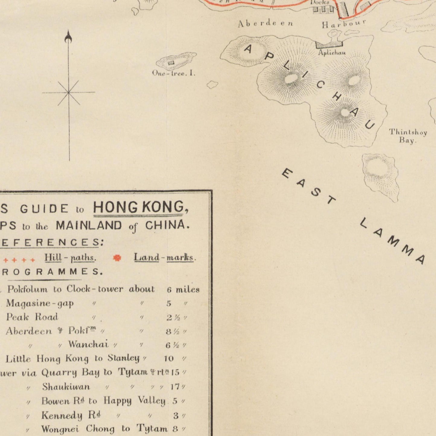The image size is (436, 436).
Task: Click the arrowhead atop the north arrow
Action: pos(68,37)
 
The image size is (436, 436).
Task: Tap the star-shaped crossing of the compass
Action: pos(69,93)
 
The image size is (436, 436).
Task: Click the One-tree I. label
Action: pos(174,73)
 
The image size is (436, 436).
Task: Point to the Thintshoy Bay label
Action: pos(408,136)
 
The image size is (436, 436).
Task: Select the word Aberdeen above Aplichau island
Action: pos(265,24)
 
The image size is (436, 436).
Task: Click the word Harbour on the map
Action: pos(344,24)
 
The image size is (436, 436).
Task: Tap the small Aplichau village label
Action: pos(332,53)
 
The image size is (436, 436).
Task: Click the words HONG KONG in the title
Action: pos(141,208)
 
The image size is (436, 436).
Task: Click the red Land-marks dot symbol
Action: pos(117,258)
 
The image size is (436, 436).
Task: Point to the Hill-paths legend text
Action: pos(70,258)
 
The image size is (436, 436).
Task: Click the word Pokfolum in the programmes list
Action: pos(27,289)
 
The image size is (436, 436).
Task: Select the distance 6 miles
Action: pos(183,290)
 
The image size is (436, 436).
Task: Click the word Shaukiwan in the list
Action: pos(66,387)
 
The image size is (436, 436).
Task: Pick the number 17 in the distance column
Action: pos(176,387)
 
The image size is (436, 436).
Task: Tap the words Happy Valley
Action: pos(134,401)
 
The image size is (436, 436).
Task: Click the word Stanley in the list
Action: pos(123,358)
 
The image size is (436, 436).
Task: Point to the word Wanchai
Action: pos(88,344)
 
